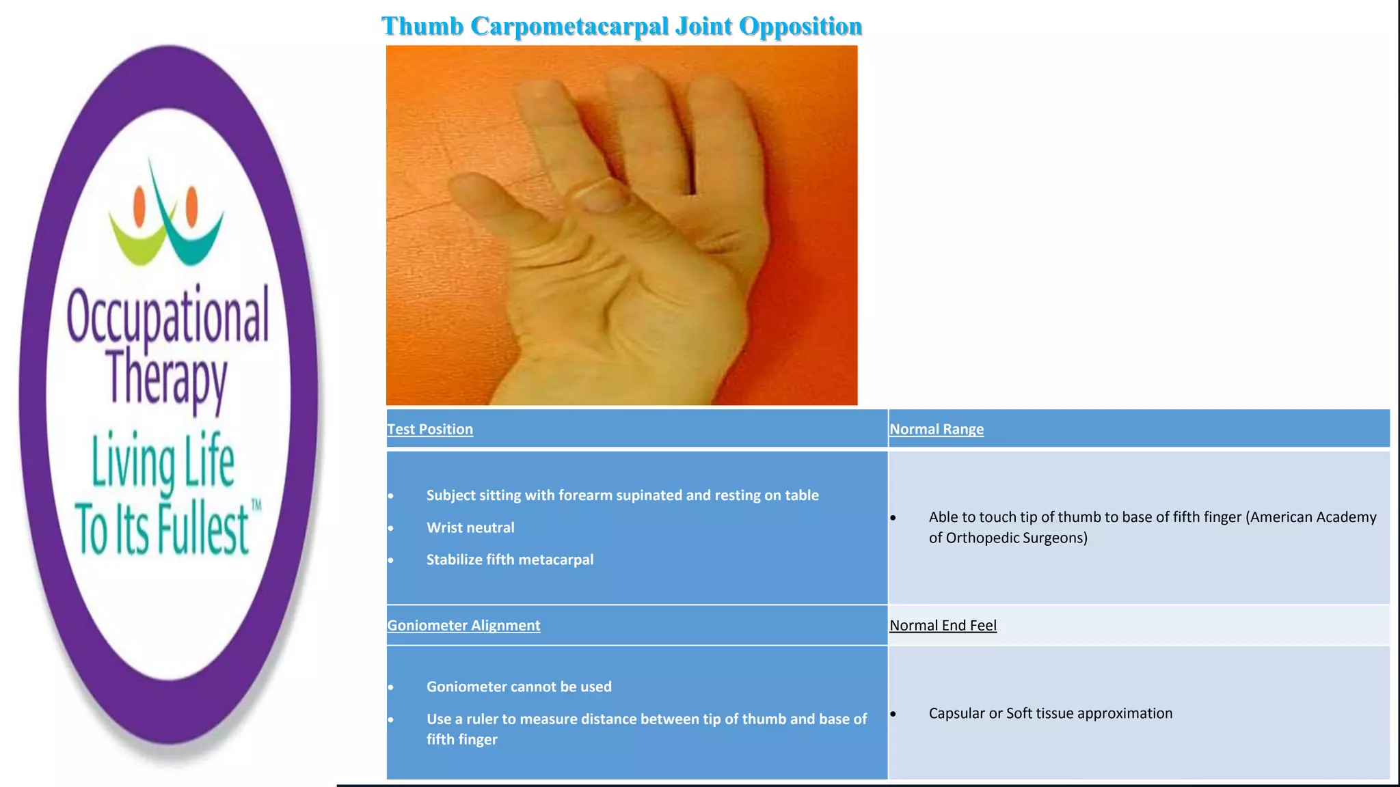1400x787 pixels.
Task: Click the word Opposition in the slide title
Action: coord(800,27)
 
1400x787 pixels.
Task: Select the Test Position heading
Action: coord(430,429)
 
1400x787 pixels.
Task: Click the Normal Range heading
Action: coord(937,429)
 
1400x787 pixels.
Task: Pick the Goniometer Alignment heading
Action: coord(463,625)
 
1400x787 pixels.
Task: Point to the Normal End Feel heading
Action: coord(943,625)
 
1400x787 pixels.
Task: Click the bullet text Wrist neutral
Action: coord(470,527)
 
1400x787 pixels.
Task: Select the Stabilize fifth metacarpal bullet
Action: coord(510,560)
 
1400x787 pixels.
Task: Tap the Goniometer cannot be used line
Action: coord(519,687)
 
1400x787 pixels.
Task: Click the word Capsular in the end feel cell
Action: coord(956,713)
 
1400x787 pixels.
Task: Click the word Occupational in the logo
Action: coord(167,316)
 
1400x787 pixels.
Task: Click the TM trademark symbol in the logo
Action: coord(256,506)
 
